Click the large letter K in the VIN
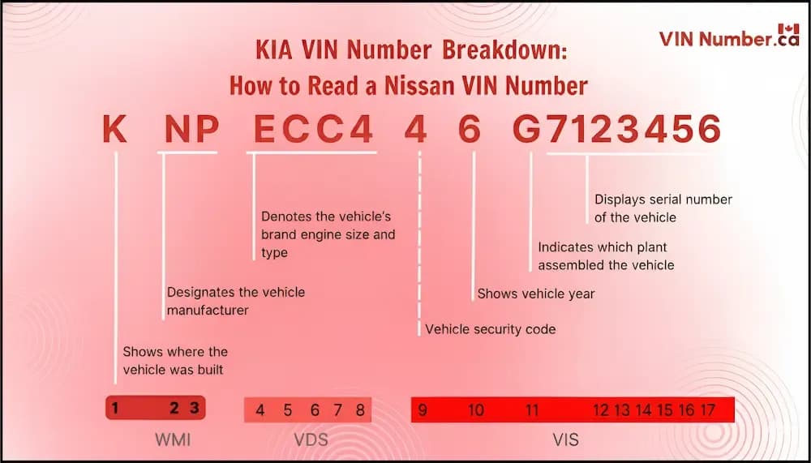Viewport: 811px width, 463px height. click(x=115, y=130)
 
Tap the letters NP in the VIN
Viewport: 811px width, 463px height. click(x=191, y=130)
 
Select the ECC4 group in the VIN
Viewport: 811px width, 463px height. click(x=315, y=130)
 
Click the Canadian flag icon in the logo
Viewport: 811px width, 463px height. click(x=787, y=32)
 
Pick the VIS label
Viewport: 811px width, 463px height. click(x=566, y=441)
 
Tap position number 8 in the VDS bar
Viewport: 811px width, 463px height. click(x=360, y=410)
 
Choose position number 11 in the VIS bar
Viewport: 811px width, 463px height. click(x=532, y=410)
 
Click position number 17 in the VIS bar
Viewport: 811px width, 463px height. click(x=707, y=410)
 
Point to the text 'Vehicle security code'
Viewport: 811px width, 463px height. click(x=491, y=329)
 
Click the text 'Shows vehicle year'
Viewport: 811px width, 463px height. click(x=535, y=294)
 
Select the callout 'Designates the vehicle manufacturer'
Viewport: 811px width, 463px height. click(x=235, y=300)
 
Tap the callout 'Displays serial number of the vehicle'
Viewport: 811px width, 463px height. click(x=663, y=208)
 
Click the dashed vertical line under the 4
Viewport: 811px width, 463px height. click(x=419, y=243)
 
